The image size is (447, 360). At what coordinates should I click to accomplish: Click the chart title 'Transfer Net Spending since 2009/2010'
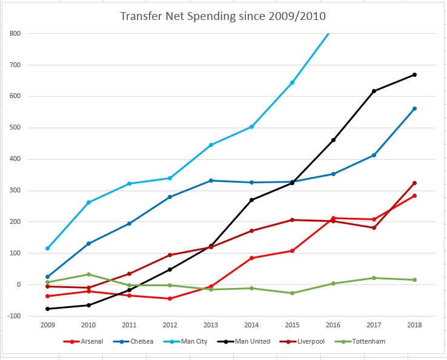[223, 15]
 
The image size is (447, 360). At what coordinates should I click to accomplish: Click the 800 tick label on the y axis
[15, 33]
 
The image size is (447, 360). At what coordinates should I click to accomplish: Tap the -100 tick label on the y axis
[14, 316]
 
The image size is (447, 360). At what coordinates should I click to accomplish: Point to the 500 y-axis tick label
[15, 128]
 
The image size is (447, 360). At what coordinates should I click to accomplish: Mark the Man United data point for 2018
[414, 74]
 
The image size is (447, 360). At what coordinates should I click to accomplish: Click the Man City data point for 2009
[47, 248]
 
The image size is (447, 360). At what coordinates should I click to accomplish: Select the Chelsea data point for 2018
[414, 108]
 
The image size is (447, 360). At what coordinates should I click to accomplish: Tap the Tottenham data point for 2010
[88, 274]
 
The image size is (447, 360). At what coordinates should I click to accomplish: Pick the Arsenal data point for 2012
[170, 298]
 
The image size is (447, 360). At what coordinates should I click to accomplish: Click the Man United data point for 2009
[47, 309]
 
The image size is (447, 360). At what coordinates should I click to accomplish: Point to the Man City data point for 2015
[292, 82]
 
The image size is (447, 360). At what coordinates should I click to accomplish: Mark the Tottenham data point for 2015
[292, 293]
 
